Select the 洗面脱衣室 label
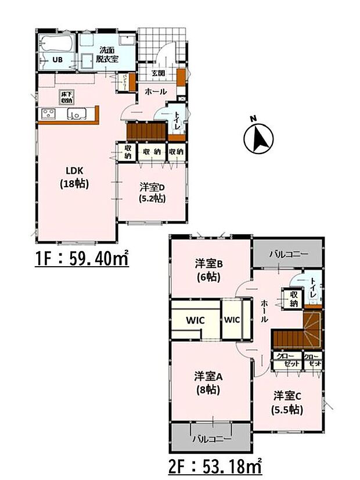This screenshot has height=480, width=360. point(108,55)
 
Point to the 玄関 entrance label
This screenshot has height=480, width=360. point(158,73)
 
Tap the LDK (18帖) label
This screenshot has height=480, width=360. point(75,176)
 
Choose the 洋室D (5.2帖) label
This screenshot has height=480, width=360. point(152,192)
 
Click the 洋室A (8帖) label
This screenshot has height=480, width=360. point(208,382)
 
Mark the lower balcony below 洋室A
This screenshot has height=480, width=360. point(211,438)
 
